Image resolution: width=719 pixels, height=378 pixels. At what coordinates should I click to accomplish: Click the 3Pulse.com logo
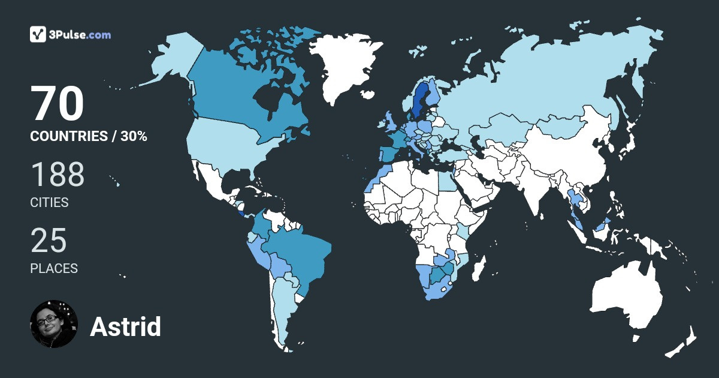pos(70,34)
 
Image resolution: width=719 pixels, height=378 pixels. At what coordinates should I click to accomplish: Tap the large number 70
pos(58,104)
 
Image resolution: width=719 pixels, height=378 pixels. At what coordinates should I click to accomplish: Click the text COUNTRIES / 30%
pos(89,136)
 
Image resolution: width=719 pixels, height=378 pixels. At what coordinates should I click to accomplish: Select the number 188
pos(58,175)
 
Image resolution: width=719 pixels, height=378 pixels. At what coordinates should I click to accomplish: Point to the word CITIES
pos(49,203)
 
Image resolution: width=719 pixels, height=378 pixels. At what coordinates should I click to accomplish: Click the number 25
pos(49,241)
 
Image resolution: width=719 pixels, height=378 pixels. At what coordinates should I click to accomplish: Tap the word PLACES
pos(54,269)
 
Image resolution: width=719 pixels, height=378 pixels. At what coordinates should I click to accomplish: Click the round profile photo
pos(54,324)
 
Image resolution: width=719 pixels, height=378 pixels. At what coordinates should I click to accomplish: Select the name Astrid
pos(125,327)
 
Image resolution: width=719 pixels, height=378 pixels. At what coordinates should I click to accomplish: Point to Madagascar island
pos(478,269)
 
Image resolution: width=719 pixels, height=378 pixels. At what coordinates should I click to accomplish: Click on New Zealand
pos(683,342)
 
